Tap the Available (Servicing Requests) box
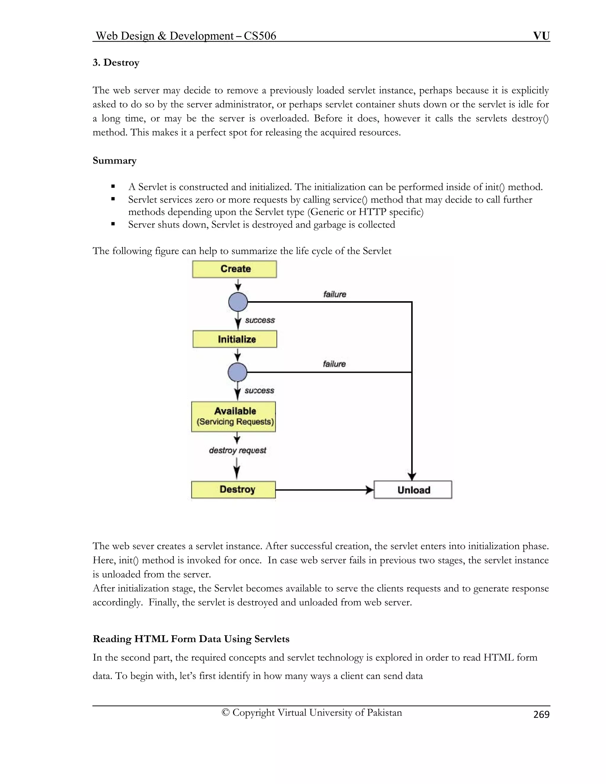tap(234, 417)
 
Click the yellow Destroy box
tap(234, 490)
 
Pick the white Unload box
tap(413, 490)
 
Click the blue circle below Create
tap(238, 302)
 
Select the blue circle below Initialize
tap(237, 372)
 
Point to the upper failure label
tap(335, 294)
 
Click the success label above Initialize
tap(260, 320)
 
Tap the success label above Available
tap(259, 391)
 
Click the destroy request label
tap(238, 451)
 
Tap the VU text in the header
tap(541, 36)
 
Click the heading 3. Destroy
tap(116, 62)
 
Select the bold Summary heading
tap(115, 160)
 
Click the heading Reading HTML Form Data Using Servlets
tap(191, 639)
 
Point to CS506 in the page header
tap(260, 36)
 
